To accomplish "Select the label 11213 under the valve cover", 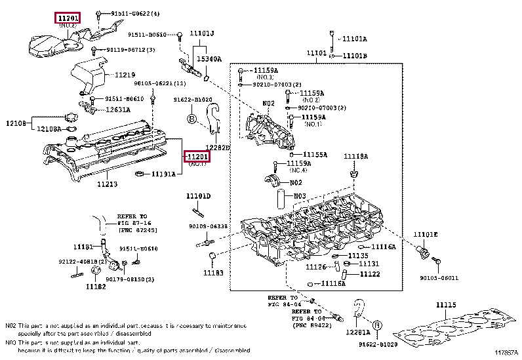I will coord(107,184).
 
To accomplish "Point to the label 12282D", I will coord(218,148).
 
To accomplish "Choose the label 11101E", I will coord(425,234).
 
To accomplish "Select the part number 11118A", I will coord(357,156).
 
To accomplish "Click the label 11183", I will coord(213,272).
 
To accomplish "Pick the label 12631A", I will coord(118,110).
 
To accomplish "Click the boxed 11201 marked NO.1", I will coord(197,156).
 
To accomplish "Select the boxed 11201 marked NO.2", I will coord(66,18).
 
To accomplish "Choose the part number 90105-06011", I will coord(439,277).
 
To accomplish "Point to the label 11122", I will coord(369,273).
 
